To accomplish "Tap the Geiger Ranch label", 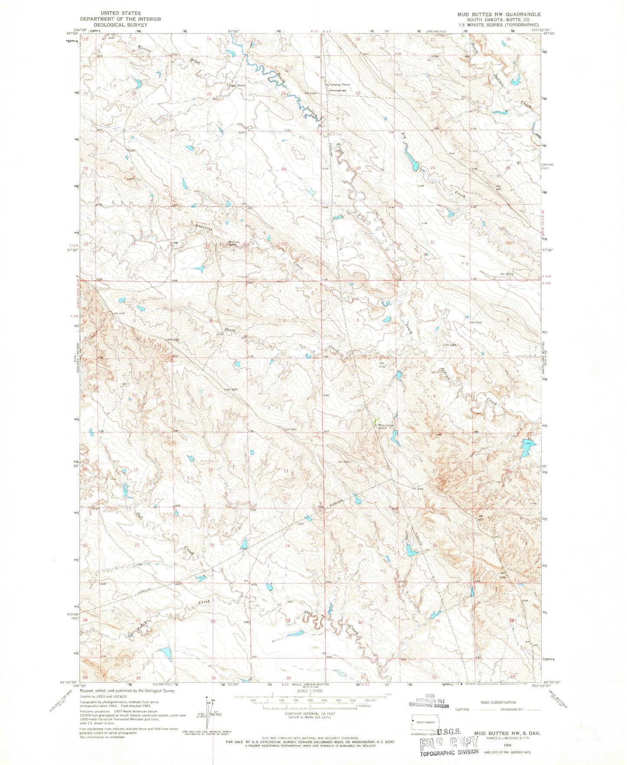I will [237, 85].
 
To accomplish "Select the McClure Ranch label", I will [234, 244].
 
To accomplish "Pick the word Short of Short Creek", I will [230, 330].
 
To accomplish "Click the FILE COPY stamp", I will [449, 744].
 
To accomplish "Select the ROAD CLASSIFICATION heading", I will [498, 703].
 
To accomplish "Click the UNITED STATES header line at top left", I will [120, 13].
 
